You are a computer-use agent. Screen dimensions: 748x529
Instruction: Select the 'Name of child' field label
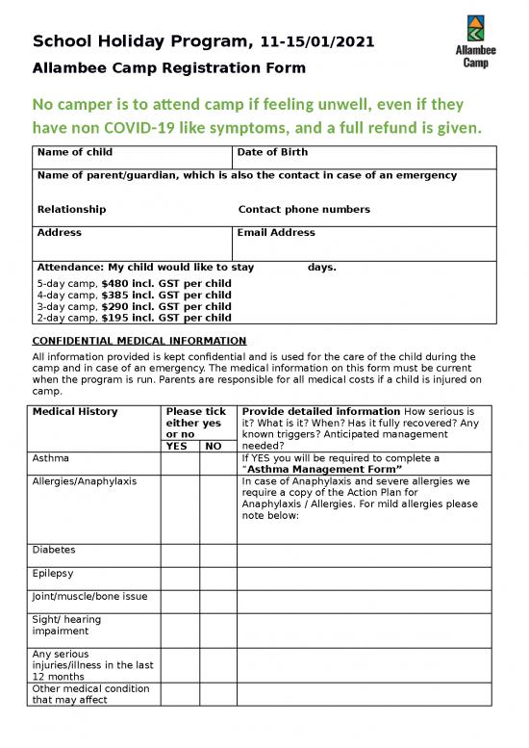74,152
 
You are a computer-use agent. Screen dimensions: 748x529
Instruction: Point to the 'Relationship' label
71,209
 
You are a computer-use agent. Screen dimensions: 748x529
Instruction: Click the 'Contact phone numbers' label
303,209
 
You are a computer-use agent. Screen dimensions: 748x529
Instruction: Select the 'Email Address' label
275,232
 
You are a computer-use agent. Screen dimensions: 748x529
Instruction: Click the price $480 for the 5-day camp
117,284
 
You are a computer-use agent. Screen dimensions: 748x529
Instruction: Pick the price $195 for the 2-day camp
117,318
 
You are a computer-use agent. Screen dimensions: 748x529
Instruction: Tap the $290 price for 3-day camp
117,306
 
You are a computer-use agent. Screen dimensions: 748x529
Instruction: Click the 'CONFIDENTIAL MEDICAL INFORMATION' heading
139,341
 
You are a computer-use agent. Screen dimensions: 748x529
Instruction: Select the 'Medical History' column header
75,412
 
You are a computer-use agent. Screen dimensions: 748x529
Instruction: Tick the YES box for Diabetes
180,554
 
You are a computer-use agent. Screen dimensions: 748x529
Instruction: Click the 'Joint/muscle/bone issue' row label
89,596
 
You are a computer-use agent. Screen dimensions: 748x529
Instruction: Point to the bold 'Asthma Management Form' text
324,469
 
